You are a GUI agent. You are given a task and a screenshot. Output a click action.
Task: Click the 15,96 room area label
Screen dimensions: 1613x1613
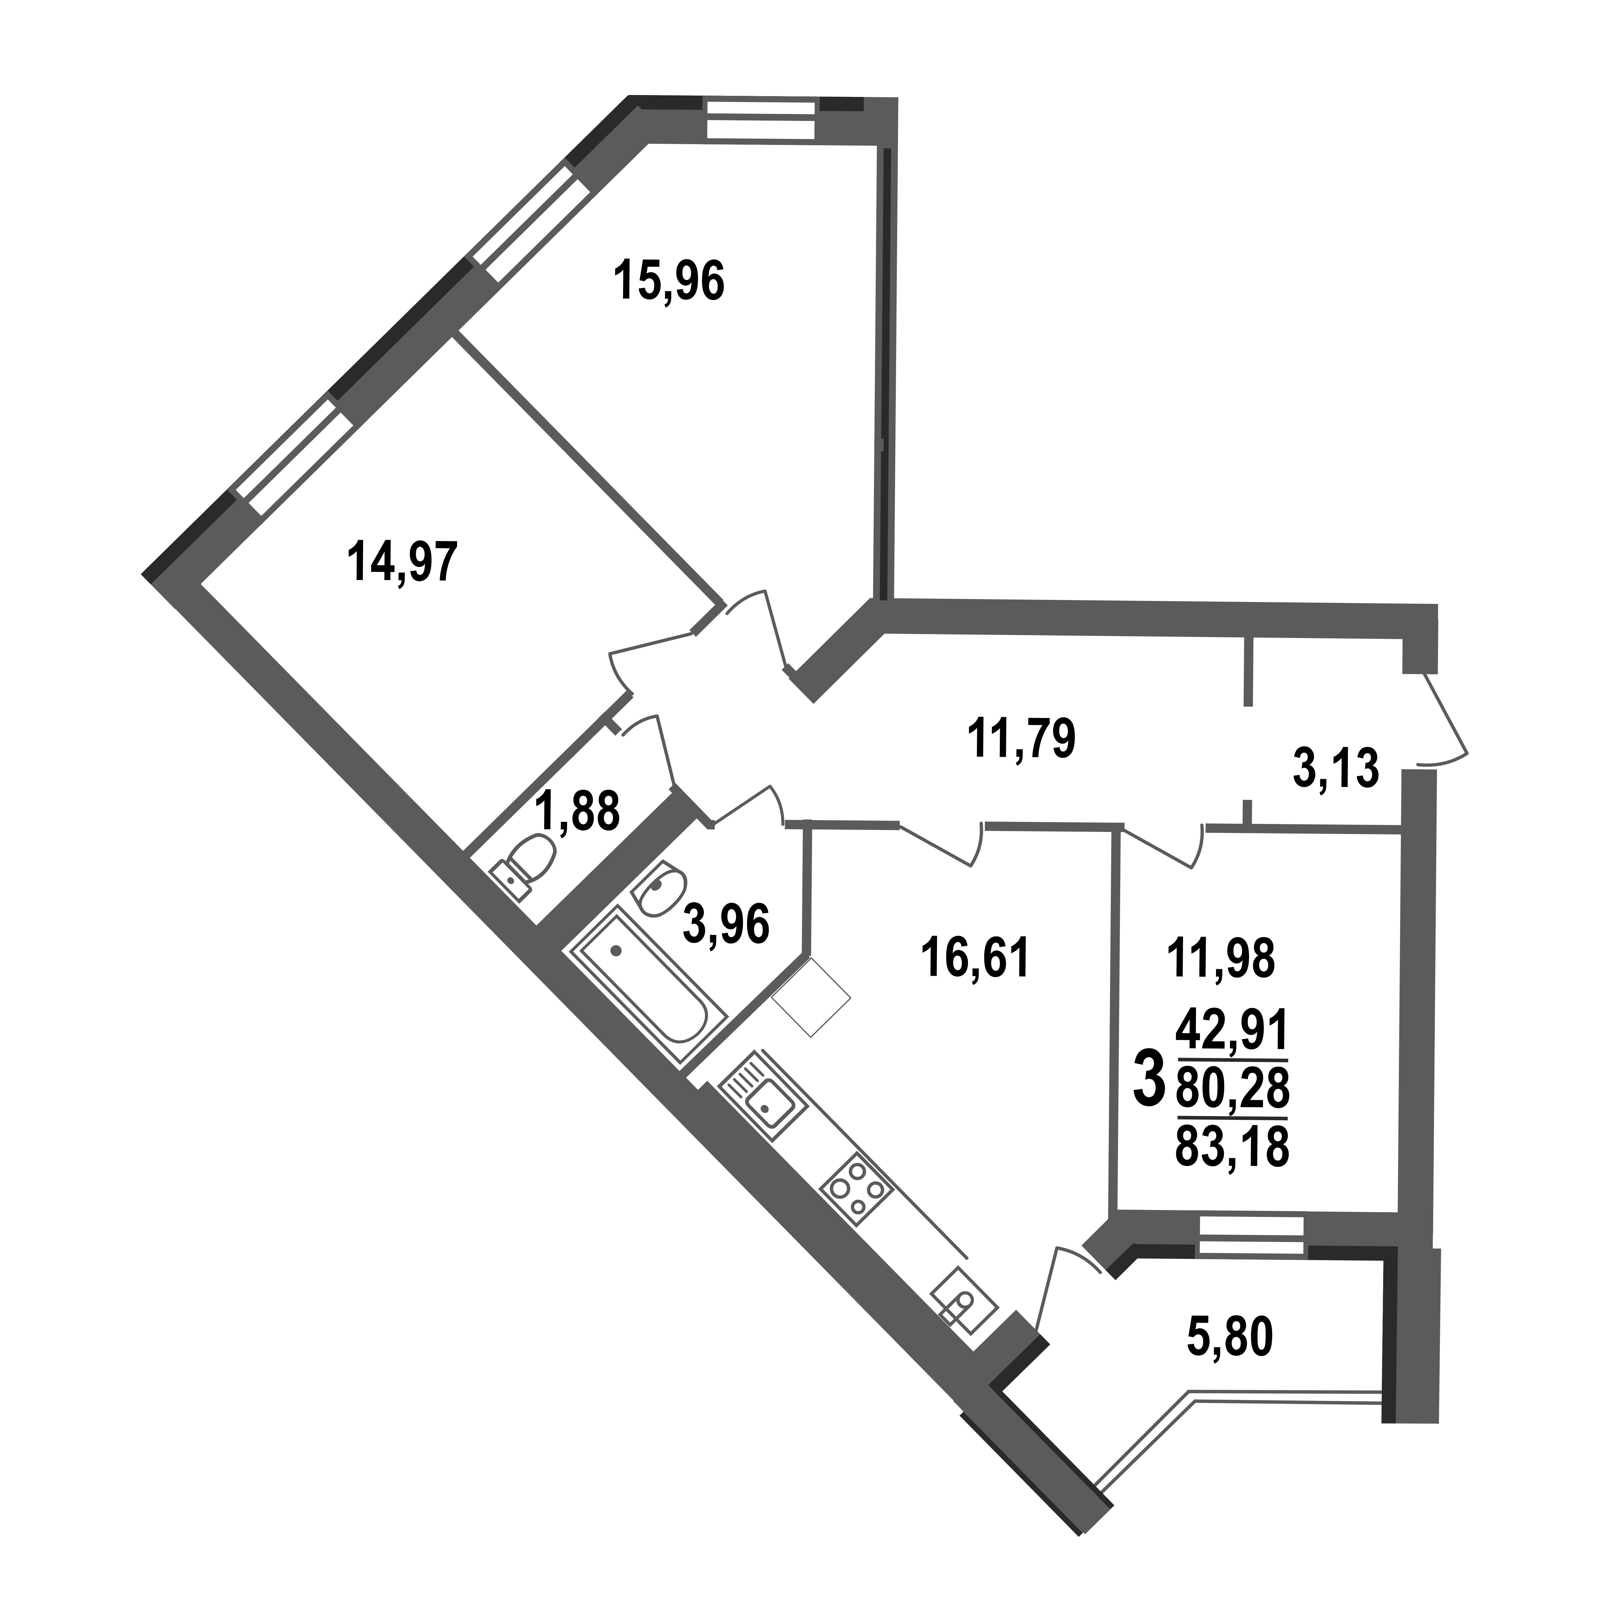669,281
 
